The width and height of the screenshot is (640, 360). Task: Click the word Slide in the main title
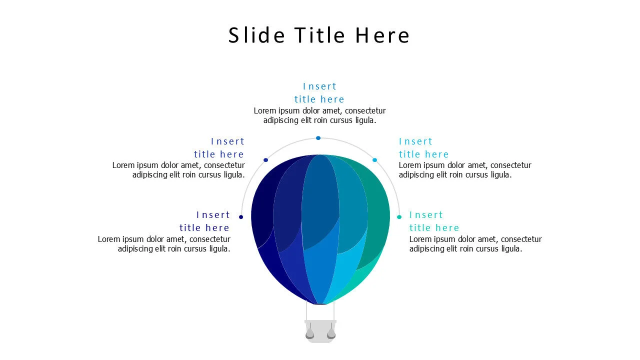point(256,35)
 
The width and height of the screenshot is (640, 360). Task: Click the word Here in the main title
point(382,35)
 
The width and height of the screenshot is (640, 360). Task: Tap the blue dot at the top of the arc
point(318,138)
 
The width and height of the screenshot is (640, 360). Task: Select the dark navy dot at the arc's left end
point(241,217)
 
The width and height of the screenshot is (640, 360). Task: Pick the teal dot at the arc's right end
point(399,217)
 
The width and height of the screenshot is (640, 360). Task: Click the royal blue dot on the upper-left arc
point(265,160)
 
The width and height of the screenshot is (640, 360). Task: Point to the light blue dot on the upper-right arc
point(374,160)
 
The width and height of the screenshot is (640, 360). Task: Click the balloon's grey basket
point(320,331)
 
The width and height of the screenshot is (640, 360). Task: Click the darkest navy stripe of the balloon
point(264,217)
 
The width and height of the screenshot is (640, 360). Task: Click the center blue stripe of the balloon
point(320,228)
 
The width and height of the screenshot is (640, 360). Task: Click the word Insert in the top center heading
point(319,86)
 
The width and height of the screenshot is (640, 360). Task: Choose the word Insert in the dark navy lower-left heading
point(213,215)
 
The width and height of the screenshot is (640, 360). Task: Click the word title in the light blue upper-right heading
point(409,154)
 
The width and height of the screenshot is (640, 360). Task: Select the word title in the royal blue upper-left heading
point(204,154)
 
